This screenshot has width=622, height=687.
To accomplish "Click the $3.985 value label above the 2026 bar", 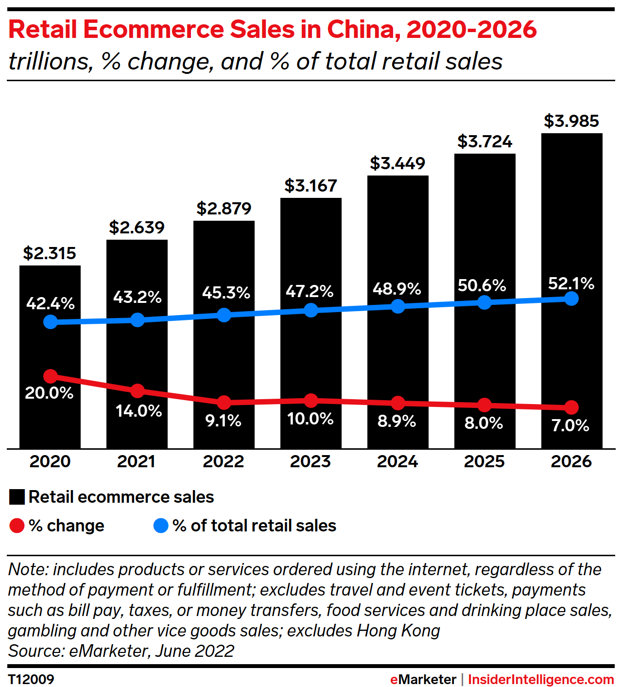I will tap(571, 121).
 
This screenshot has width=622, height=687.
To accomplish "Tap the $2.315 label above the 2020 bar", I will tap(50, 253).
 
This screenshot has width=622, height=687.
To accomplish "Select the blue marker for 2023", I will tap(311, 310).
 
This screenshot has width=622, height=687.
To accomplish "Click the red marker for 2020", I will tap(51, 376).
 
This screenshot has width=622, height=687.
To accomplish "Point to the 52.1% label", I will tap(571, 283).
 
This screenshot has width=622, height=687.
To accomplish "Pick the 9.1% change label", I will tap(224, 421).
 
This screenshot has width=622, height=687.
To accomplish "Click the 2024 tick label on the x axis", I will tap(397, 461).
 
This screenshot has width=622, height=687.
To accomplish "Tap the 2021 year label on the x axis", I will tap(137, 461).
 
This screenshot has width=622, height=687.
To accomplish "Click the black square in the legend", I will tap(17, 497).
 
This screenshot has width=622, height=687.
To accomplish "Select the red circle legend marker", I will tap(17, 526).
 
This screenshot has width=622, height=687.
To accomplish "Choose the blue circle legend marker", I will tap(161, 526).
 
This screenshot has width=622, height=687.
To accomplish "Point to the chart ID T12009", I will tap(31, 679).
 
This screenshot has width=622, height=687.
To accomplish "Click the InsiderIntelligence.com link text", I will tap(541, 679).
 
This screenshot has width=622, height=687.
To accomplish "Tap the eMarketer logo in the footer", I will tap(423, 679).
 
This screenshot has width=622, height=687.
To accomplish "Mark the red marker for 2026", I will tap(572, 407).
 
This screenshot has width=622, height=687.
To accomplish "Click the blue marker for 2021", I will tap(138, 319).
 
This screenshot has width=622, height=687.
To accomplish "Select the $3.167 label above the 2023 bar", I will tap(311, 186).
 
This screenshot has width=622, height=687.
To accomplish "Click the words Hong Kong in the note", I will tap(398, 631).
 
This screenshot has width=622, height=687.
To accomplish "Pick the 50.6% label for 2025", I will tap(482, 285).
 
